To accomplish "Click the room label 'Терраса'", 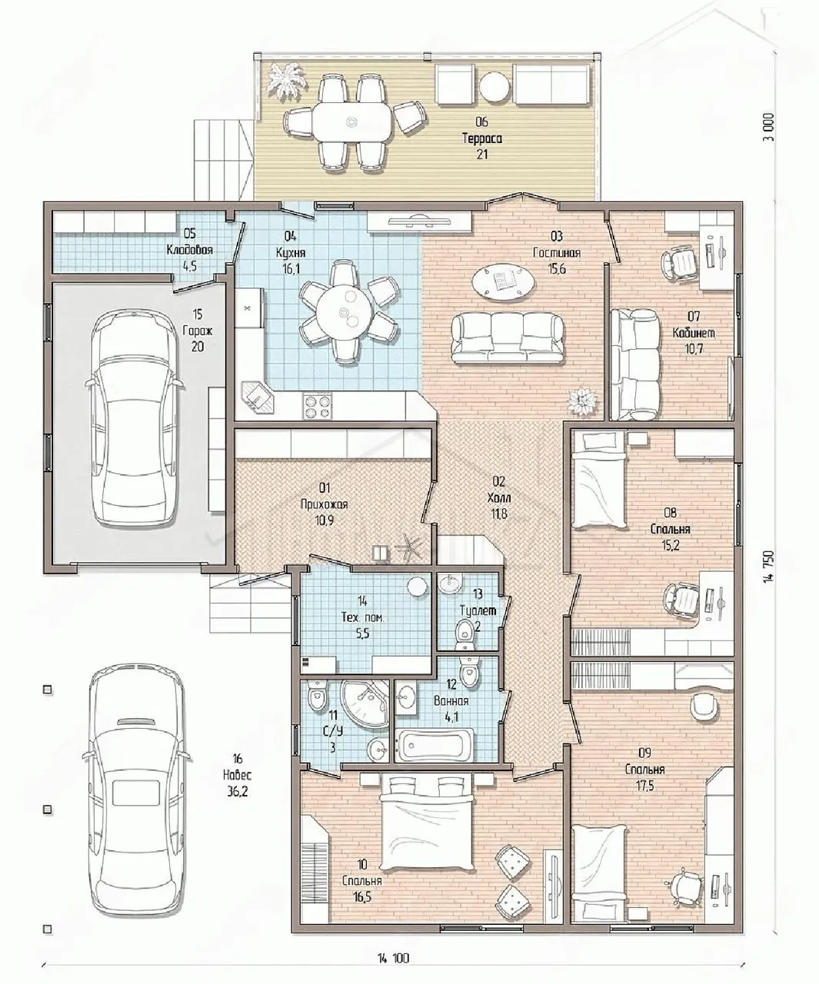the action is [481, 138].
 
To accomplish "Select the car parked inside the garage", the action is [133, 419].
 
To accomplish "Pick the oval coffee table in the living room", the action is [504, 281].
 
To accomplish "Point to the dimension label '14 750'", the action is [768, 572].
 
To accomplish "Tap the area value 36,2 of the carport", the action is [238, 791].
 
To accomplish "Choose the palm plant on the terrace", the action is [286, 80].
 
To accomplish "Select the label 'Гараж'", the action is [198, 331].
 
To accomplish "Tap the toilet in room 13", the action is [466, 632].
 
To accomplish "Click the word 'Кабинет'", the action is [694, 333].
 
